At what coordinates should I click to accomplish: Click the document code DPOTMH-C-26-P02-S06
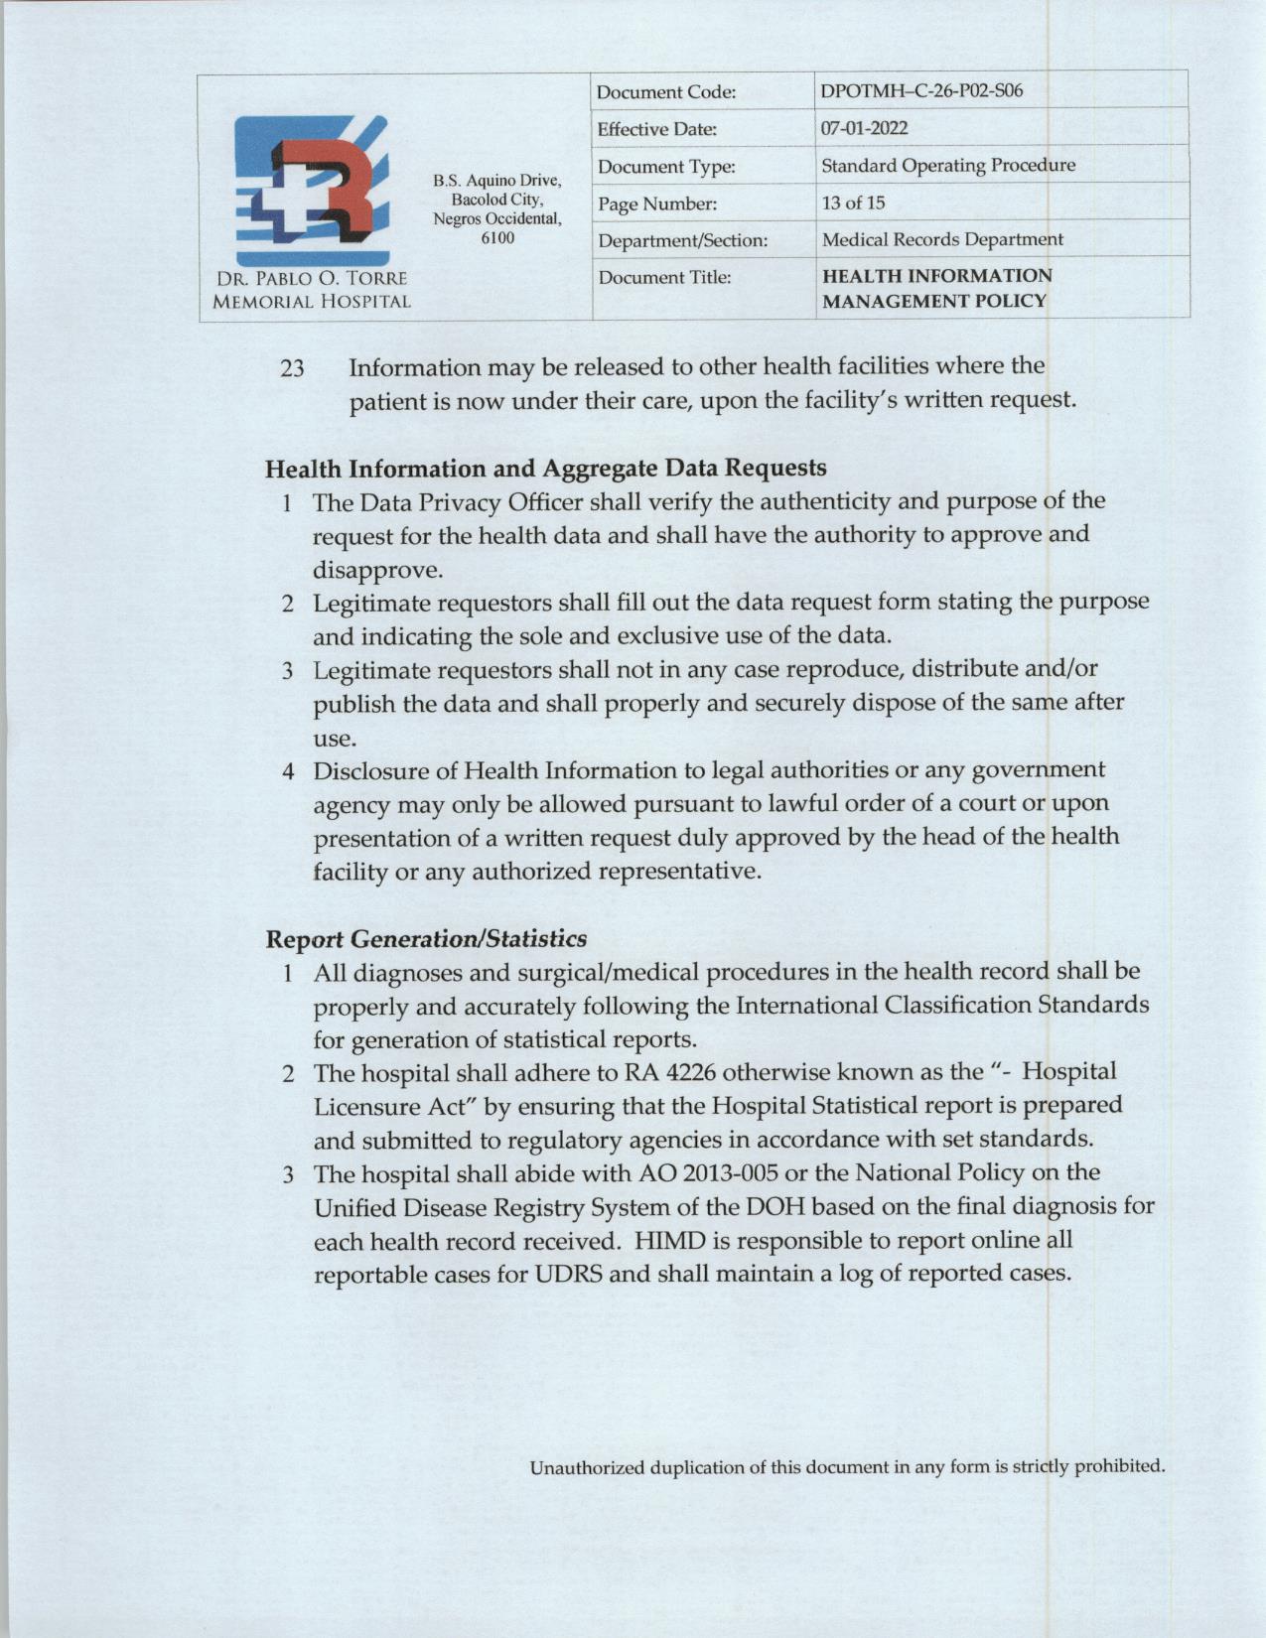click(921, 91)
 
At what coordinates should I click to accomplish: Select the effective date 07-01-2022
click(864, 128)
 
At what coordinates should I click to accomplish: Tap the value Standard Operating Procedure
click(948, 165)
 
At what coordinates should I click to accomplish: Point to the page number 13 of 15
click(853, 203)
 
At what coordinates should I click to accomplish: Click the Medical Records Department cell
click(941, 239)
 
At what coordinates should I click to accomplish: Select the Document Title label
click(664, 277)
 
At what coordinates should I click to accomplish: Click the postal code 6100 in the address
click(497, 239)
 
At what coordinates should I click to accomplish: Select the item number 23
click(292, 368)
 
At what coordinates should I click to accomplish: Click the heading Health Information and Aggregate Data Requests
click(546, 467)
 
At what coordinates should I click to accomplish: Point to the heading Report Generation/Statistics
click(426, 938)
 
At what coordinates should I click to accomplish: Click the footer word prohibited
click(1117, 1466)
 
